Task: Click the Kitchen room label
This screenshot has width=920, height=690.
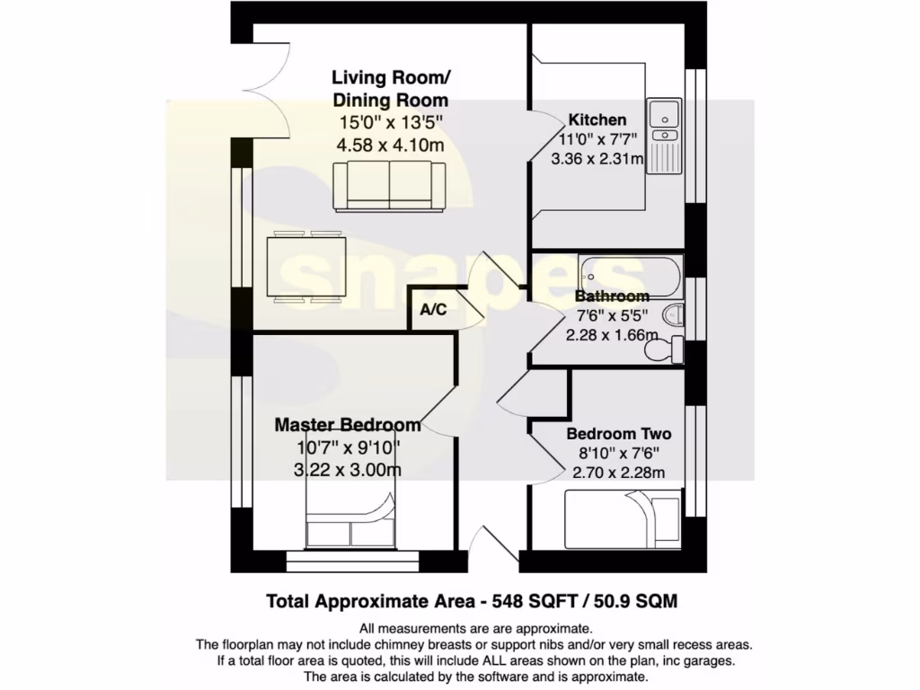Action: [x=597, y=119]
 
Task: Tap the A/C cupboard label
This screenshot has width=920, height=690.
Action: [x=434, y=310]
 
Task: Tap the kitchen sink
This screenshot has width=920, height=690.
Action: [x=666, y=115]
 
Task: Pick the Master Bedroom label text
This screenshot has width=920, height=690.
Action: [x=348, y=425]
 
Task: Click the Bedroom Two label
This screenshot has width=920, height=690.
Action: [x=618, y=434]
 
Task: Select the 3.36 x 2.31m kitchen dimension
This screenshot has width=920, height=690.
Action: [x=597, y=159]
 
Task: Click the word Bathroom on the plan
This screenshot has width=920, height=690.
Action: [x=612, y=296]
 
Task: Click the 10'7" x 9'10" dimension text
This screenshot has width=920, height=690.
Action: [x=348, y=447]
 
